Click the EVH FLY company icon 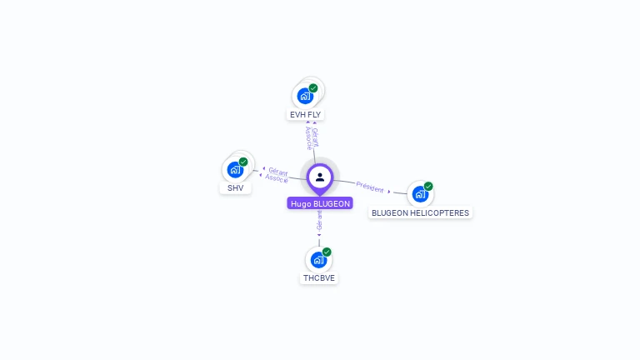click(x=305, y=95)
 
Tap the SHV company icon click(x=235, y=169)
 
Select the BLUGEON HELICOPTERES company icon click(x=420, y=193)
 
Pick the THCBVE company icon click(x=318, y=259)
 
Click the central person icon click(x=320, y=177)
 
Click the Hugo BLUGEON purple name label click(x=320, y=203)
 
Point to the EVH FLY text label click(x=305, y=114)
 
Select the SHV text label click(x=236, y=188)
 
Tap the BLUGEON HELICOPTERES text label click(x=420, y=212)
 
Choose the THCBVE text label click(x=319, y=278)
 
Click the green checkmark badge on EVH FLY click(x=313, y=87)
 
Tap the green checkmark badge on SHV click(x=243, y=162)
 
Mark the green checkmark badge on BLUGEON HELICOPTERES click(x=428, y=186)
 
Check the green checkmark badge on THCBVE click(x=327, y=252)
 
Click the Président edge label click(x=370, y=186)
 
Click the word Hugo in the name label click(x=300, y=203)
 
